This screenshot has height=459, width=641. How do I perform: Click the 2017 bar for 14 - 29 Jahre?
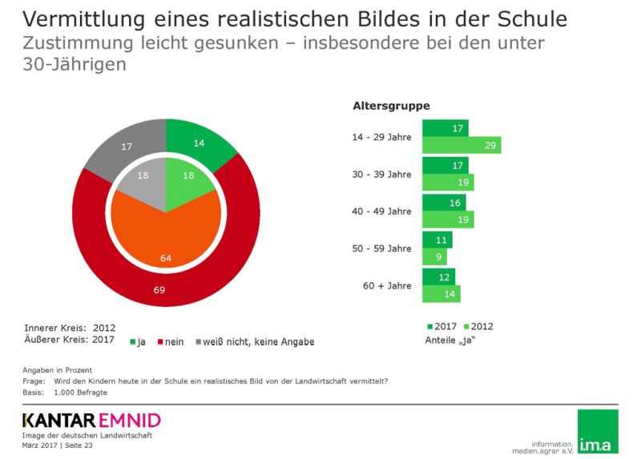(445, 127)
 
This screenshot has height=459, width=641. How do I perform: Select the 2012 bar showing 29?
(462, 145)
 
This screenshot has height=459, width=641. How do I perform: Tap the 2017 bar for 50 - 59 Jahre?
(437, 240)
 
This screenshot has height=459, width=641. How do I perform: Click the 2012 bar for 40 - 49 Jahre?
(448, 219)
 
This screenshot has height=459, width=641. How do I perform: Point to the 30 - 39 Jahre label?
(381, 174)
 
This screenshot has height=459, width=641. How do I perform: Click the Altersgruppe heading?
(391, 106)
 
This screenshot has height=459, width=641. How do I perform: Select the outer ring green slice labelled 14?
(200, 143)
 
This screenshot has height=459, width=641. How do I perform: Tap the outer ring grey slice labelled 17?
(127, 147)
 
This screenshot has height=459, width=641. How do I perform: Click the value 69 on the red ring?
(159, 289)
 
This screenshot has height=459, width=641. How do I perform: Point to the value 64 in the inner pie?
(167, 258)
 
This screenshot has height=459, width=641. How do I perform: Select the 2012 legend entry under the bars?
(478, 326)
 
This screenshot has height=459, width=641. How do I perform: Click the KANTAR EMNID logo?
(91, 420)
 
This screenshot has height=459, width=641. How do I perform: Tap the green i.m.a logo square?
(598, 431)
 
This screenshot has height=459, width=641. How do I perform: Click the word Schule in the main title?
(528, 18)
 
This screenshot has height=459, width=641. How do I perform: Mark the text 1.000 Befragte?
(81, 393)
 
